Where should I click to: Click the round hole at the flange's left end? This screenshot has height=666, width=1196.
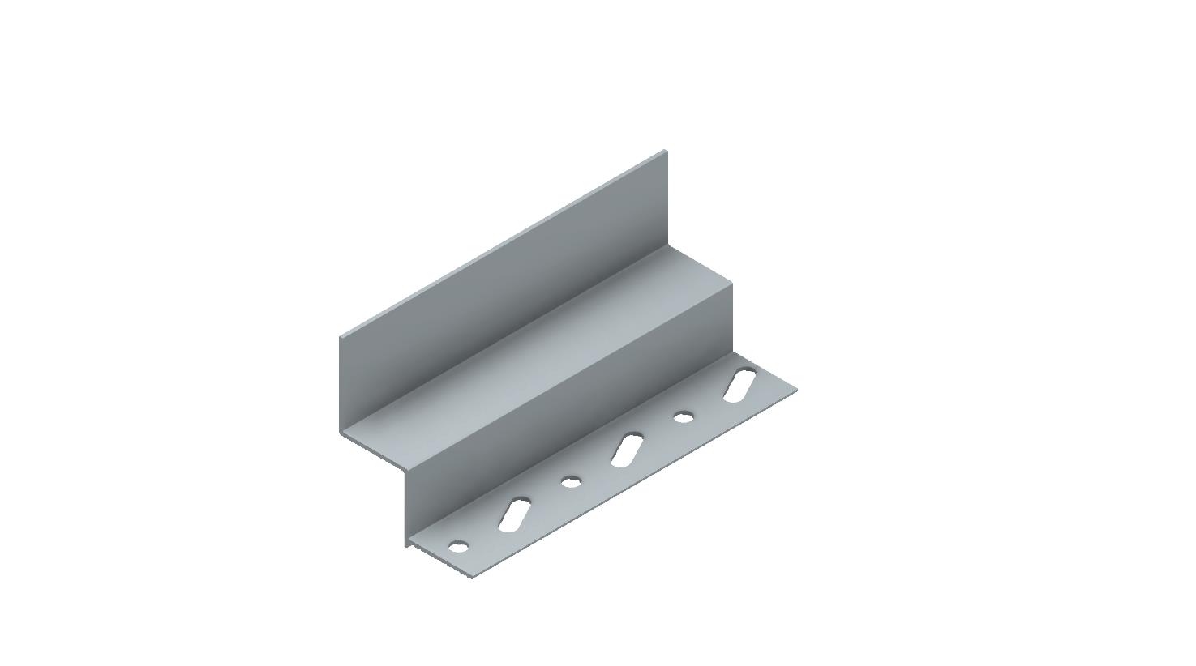coord(459,547)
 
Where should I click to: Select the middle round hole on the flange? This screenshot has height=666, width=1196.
coord(572,482)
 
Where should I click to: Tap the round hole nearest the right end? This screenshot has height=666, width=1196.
coord(684,416)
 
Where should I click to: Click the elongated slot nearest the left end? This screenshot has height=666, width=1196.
coord(515,515)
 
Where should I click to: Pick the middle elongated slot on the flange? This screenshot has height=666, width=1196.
coord(628,450)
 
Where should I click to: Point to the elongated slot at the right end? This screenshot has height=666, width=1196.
coord(739,385)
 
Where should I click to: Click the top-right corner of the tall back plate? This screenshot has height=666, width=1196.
coord(666,151)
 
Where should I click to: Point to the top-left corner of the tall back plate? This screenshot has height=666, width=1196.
coord(340,335)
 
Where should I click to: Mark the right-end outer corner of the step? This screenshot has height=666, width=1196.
coord(732,282)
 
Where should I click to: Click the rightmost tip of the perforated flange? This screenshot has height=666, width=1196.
coord(797,391)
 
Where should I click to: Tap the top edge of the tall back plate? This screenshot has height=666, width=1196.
coord(503,243)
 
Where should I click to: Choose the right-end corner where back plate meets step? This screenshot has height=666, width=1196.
coord(667,245)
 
